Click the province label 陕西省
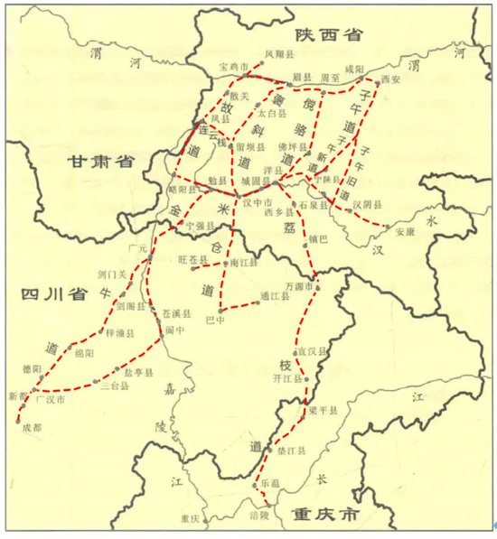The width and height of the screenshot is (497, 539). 326,35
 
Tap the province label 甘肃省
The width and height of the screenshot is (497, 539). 99,163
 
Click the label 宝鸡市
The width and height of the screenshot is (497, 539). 233,68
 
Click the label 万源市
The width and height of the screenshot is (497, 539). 297,286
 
